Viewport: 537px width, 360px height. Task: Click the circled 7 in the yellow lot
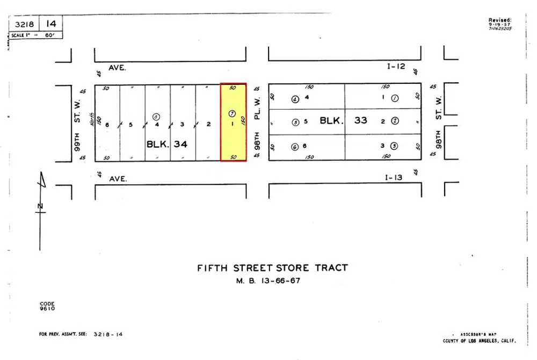point(232,113)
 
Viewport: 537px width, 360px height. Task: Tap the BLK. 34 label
point(167,144)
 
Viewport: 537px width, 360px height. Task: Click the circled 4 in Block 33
point(295,99)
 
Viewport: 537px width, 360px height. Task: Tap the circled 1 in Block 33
point(395,98)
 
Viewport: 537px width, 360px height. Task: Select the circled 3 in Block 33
point(394,146)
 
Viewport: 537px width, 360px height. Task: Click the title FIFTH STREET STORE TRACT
point(272,268)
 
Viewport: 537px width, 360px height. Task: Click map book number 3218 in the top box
point(25,24)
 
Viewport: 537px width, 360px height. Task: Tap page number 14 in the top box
point(51,24)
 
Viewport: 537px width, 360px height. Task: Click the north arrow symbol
point(41,207)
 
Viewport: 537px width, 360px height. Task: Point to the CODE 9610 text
point(47,306)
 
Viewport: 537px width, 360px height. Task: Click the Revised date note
point(500,24)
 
